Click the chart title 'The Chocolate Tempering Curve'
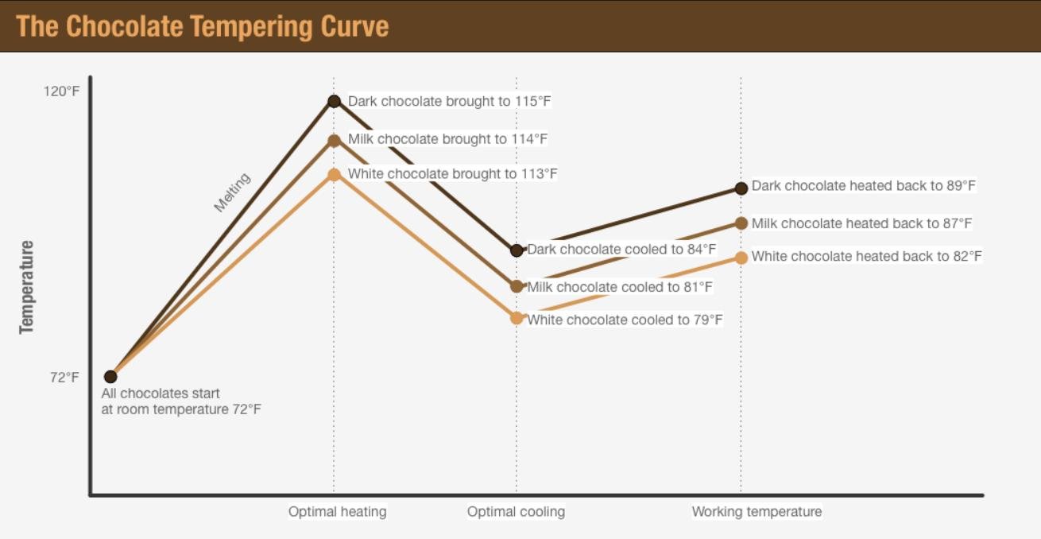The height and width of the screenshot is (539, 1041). coord(203,26)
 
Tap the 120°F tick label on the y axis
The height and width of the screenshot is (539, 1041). coord(61,91)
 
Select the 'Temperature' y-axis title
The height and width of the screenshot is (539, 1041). coord(27,286)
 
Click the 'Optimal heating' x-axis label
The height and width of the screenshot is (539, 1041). coord(337,511)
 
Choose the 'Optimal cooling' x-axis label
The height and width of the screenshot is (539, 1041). coord(516,511)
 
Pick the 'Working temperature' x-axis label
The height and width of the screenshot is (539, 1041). coord(757,511)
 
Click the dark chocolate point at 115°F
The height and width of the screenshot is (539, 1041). coord(334,101)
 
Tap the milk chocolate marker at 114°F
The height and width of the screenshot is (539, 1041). coord(334,141)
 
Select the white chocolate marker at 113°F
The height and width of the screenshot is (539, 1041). coord(334,174)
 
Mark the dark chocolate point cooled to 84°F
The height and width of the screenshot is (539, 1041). coord(517,250)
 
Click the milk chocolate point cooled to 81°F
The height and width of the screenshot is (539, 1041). coord(517,286)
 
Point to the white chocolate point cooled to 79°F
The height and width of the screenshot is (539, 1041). coord(517,318)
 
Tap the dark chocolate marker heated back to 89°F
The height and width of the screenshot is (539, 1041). coord(741,188)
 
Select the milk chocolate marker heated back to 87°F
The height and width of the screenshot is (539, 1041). coord(741,223)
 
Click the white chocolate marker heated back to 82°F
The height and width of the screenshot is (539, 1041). coord(741,258)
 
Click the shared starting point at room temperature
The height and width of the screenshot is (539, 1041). coord(110,377)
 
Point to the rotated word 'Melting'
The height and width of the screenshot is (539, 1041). coord(232,192)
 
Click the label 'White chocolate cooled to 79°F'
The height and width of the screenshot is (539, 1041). coord(625,320)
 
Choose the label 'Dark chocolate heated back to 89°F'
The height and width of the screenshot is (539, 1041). coord(863,186)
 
